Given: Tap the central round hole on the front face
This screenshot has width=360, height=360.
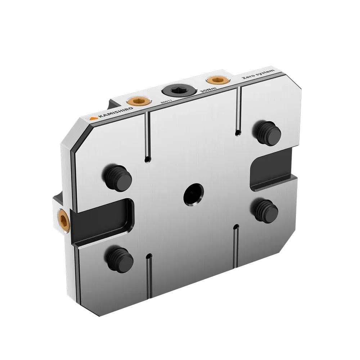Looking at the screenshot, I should [193, 194].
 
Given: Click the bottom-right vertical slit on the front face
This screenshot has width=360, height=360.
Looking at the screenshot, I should [235, 247].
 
